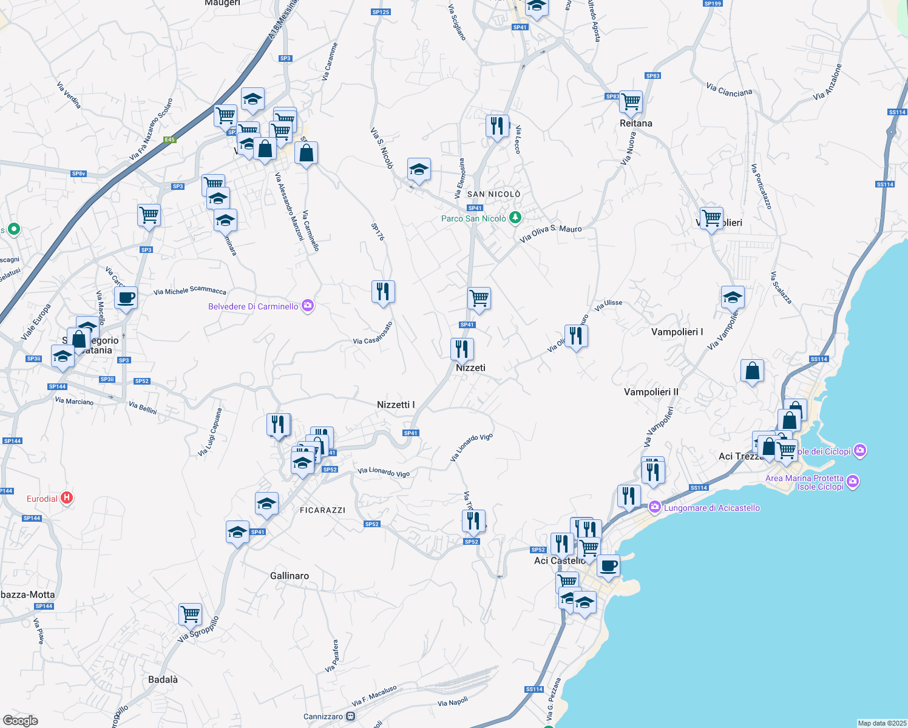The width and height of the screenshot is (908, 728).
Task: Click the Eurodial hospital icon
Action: coord(67,498)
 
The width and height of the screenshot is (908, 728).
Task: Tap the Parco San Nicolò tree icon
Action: coord(515,217)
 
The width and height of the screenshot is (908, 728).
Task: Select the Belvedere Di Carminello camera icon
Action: coord(308,306)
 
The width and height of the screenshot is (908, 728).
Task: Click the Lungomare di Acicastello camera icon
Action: coord(654,507)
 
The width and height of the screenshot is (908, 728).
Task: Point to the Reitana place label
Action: coord(635,123)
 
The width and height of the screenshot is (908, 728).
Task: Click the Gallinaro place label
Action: coord(289,576)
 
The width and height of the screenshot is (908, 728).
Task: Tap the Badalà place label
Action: coord(163,679)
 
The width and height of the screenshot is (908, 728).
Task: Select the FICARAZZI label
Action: coord(322,510)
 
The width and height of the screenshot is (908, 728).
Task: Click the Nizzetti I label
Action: coord(396,405)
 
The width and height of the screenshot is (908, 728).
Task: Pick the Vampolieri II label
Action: coord(651,392)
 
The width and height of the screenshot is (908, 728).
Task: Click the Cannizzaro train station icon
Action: coord(351,716)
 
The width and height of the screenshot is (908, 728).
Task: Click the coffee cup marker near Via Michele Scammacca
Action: coord(126,298)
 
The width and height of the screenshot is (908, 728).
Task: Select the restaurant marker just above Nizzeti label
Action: coord(462,349)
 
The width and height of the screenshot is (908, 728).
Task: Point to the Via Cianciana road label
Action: coord(729,90)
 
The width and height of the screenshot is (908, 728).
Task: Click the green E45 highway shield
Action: coord(169,140)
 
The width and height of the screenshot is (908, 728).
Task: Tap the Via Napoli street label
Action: coord(453,702)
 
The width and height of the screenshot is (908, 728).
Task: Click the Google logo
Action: coord(21,721)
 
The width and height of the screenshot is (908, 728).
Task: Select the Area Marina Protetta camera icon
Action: coord(853,482)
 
